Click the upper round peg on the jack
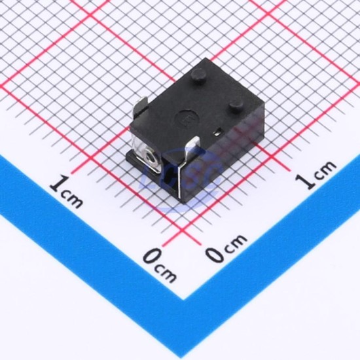[x=198, y=75]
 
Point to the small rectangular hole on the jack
[x=218, y=132]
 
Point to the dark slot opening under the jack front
[x=169, y=177]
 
